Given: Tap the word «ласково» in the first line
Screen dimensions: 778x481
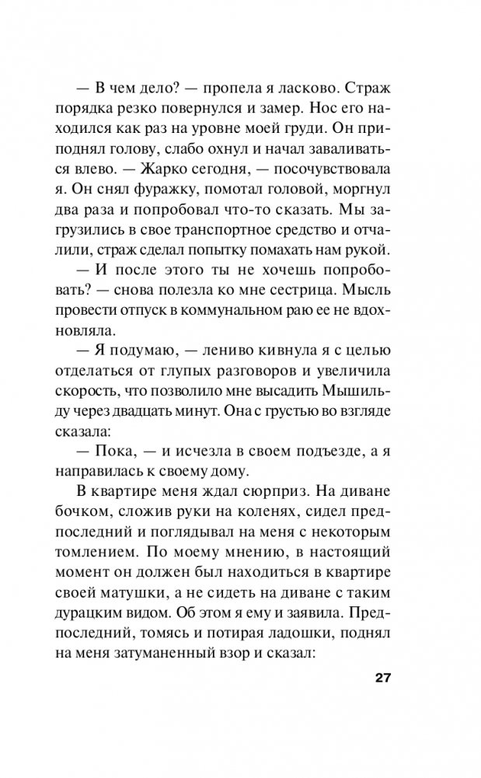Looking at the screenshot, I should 310,82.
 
